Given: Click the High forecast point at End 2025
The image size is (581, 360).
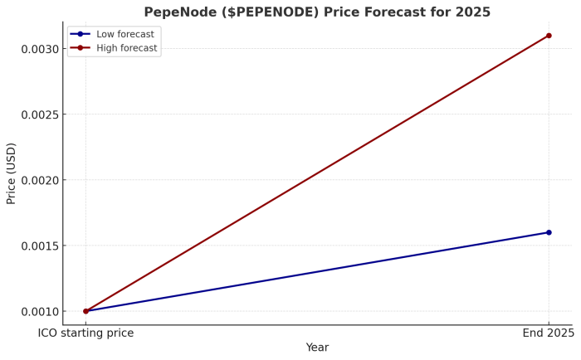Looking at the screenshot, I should click(x=549, y=36).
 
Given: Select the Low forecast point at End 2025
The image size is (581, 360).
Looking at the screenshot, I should click(x=549, y=232).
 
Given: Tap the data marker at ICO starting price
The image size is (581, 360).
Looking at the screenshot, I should click(x=85, y=311).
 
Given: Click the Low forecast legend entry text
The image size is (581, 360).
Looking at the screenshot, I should click(x=126, y=34).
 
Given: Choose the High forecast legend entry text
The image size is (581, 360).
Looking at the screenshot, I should click(x=127, y=48).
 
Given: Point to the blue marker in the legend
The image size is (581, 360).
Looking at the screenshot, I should click(x=81, y=34).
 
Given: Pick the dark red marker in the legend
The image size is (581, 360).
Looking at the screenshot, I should click(x=81, y=48).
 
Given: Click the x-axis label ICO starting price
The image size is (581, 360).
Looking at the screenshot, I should click(x=85, y=333).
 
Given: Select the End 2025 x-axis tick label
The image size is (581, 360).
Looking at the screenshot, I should click(x=548, y=333).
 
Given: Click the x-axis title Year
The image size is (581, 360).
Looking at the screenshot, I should click(x=317, y=348).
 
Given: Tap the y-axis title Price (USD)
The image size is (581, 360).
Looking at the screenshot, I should click(x=12, y=173).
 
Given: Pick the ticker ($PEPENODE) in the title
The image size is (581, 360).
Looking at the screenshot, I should click(x=266, y=12).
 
